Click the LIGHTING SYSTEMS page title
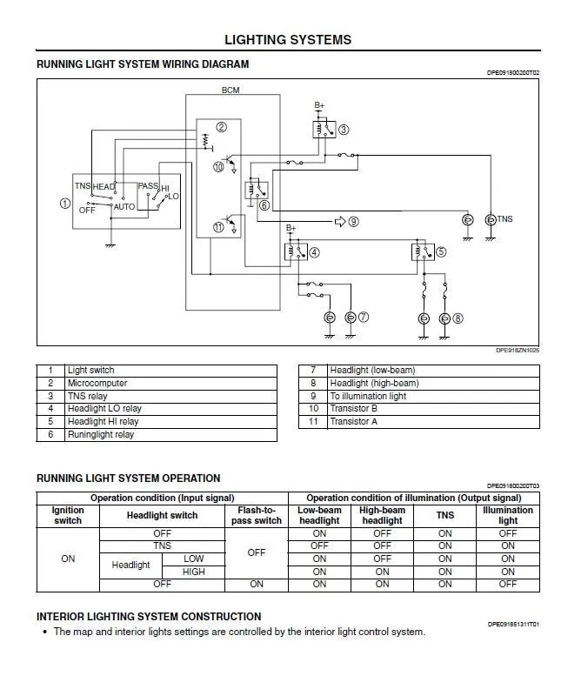tap(288, 40)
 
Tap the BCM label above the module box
tap(231, 90)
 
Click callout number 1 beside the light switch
tap(64, 204)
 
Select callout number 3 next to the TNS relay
tap(344, 130)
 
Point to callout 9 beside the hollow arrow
tap(353, 222)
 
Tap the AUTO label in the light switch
tap(124, 207)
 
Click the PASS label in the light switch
tap(148, 186)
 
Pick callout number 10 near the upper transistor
tap(218, 166)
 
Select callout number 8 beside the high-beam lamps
tap(458, 318)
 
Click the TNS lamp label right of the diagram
tap(504, 219)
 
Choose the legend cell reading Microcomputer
tap(97, 383)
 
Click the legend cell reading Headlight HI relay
tap(103, 421)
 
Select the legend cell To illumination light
tap(368, 396)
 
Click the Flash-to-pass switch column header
tap(257, 515)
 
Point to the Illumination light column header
tap(508, 515)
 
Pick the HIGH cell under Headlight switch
tap(194, 572)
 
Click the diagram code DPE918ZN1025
tap(518, 351)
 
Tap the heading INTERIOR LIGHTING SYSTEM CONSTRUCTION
tap(149, 616)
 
